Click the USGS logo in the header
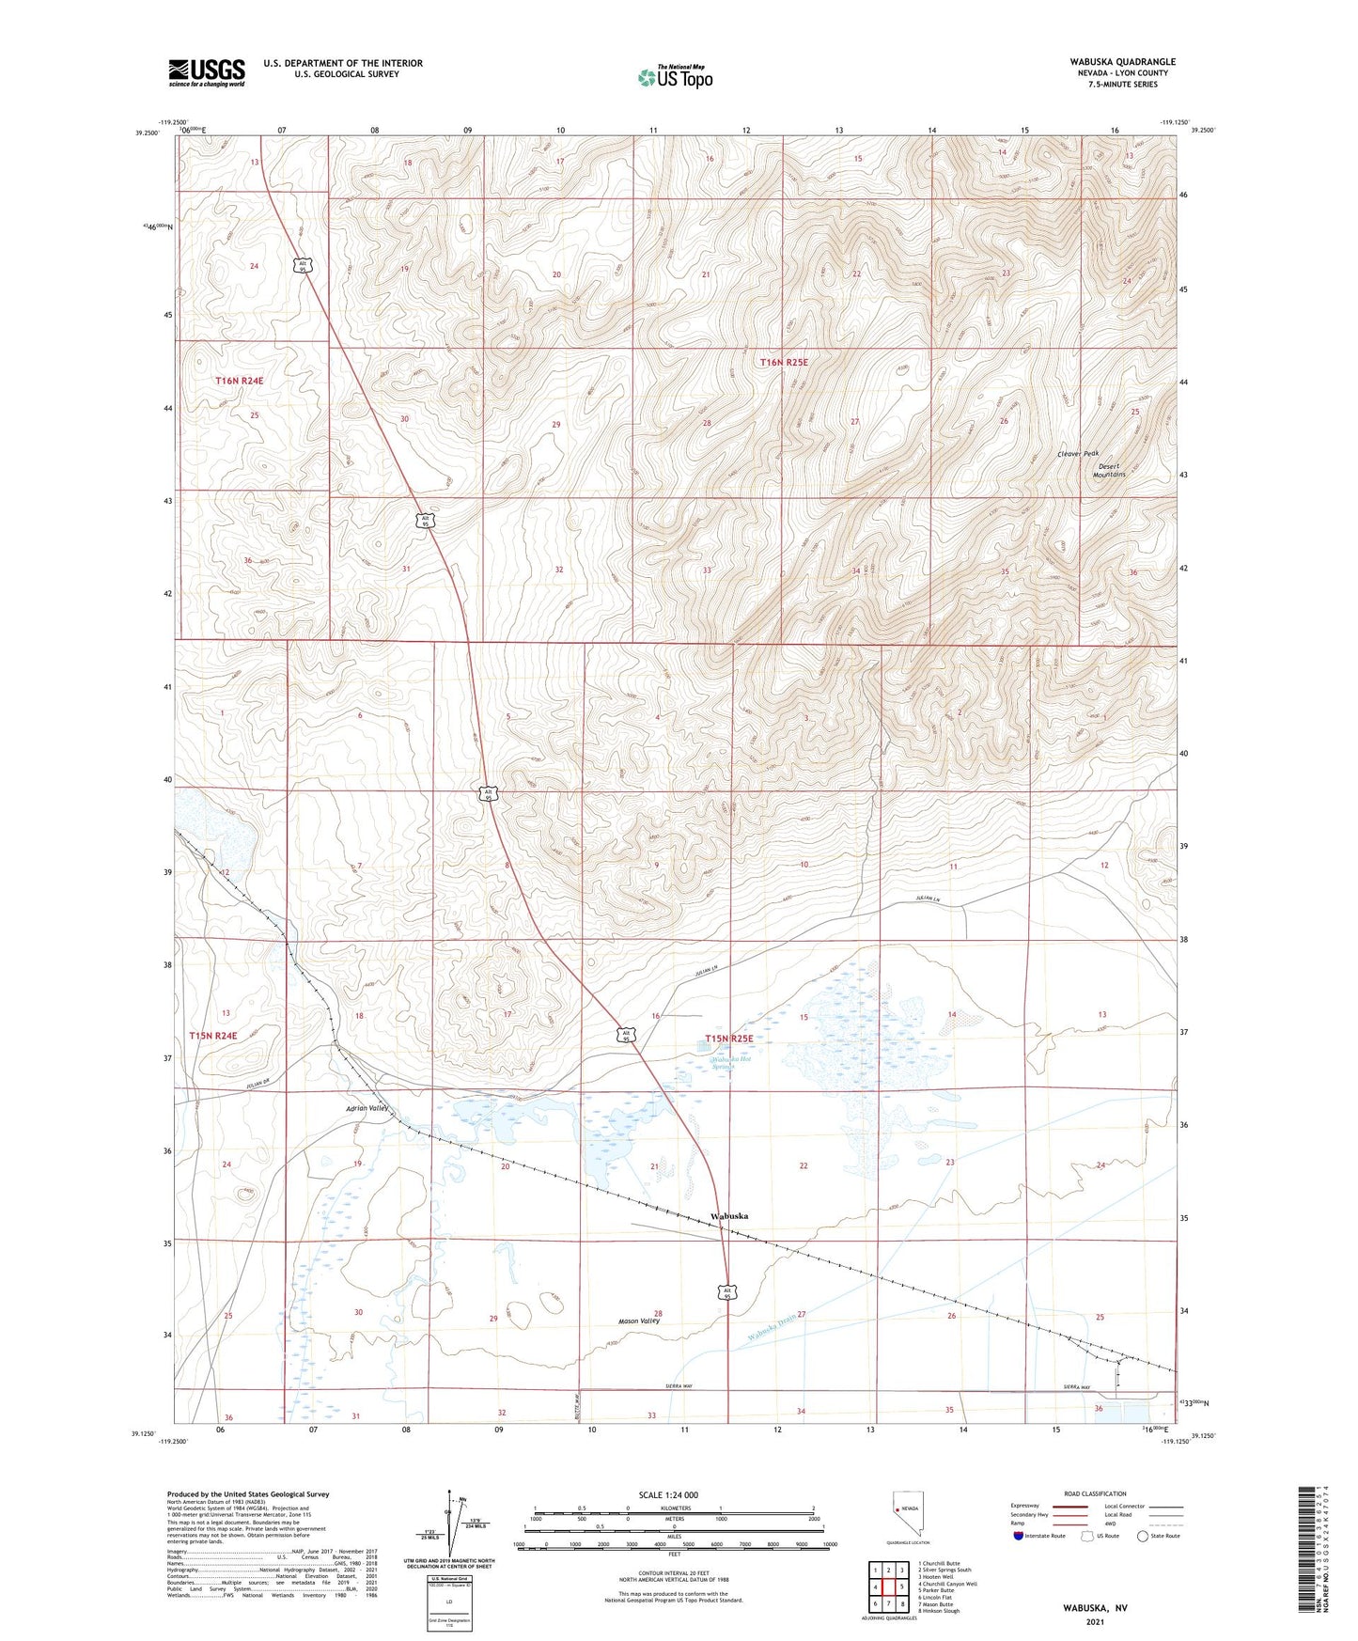pyautogui.click(x=207, y=72)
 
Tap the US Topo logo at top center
pyautogui.click(x=675, y=77)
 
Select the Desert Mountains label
pyautogui.click(x=1109, y=470)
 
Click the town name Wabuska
pyautogui.click(x=729, y=1216)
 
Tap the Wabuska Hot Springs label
pyautogui.click(x=732, y=1063)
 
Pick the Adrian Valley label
pyautogui.click(x=367, y=1108)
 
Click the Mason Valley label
pyautogui.click(x=638, y=1321)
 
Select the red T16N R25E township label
pyautogui.click(x=784, y=362)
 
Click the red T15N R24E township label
pyautogui.click(x=213, y=1035)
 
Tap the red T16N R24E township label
pyautogui.click(x=239, y=381)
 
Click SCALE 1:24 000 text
pyautogui.click(x=668, y=1494)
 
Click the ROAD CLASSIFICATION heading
pyautogui.click(x=1095, y=1493)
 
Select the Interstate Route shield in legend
pyautogui.click(x=1020, y=1537)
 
